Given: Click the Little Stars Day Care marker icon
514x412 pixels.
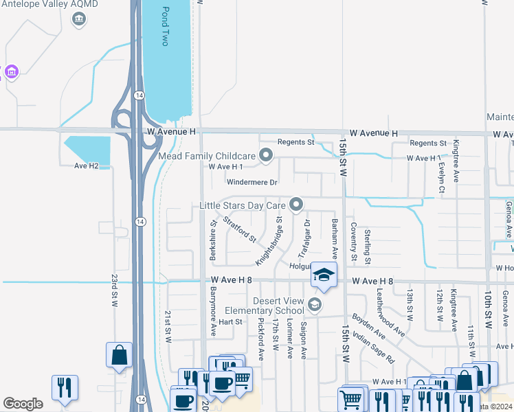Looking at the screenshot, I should (x=296, y=205).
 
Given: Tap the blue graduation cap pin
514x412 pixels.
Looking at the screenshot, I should (x=324, y=277).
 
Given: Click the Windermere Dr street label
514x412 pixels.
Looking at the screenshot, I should (x=252, y=183).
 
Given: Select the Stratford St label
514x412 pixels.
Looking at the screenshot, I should (x=238, y=230).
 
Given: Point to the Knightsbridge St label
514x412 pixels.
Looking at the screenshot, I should (x=269, y=242).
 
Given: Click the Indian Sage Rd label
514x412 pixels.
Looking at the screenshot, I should (x=372, y=347).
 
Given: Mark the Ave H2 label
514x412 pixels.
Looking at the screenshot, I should (x=92, y=165).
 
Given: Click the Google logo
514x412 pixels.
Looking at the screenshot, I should (x=23, y=404).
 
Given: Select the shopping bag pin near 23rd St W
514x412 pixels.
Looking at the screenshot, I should (x=119, y=356).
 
